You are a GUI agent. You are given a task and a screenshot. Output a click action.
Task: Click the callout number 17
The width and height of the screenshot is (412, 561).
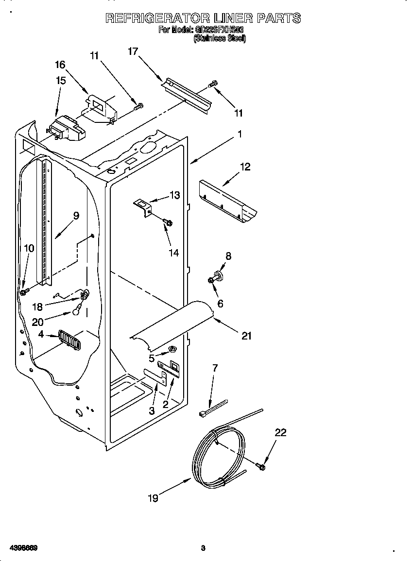tap(133, 51)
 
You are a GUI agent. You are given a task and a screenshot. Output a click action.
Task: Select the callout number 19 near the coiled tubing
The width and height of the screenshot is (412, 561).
tap(153, 498)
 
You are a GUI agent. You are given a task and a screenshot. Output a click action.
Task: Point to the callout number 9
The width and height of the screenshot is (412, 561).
tap(76, 216)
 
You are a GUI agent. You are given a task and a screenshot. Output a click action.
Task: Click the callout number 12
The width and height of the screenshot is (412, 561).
tap(245, 167)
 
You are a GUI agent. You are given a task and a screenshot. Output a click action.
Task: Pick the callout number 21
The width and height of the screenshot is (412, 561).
tap(247, 336)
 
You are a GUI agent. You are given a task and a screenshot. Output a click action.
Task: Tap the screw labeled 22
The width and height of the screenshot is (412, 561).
tap(260, 467)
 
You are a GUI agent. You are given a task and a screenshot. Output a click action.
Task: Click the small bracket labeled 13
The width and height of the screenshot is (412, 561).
tap(143, 206)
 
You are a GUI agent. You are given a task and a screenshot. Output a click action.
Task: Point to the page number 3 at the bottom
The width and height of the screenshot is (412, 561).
tap(203, 548)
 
